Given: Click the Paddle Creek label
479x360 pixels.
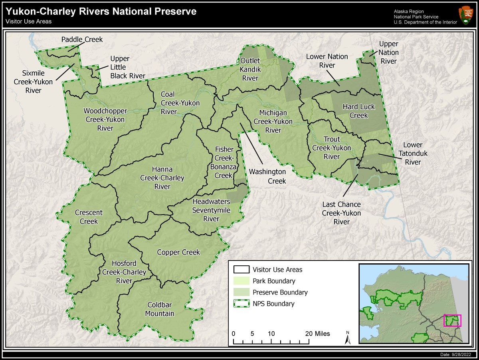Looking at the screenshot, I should pyautogui.click(x=82, y=40).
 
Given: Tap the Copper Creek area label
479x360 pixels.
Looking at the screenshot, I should pyautogui.click(x=178, y=253).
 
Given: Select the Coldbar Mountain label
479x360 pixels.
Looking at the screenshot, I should pyautogui.click(x=159, y=309).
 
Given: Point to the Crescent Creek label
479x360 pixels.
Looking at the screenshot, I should pyautogui.click(x=89, y=217).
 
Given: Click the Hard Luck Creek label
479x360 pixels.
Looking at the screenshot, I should pyautogui.click(x=358, y=111).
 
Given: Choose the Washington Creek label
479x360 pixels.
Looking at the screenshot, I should pyautogui.click(x=267, y=176).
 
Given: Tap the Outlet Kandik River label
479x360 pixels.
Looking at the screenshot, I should pyautogui.click(x=250, y=70).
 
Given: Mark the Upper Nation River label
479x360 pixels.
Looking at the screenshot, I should pyautogui.click(x=388, y=52).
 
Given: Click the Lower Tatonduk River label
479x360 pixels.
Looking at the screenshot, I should pyautogui.click(x=413, y=153).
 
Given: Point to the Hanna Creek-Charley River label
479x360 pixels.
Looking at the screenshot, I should pyautogui.click(x=162, y=177).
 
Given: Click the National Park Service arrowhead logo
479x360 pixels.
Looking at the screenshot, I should pyautogui.click(x=466, y=15).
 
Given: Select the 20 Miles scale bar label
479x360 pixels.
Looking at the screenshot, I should pyautogui.click(x=318, y=334).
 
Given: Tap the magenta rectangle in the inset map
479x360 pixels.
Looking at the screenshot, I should pyautogui.click(x=452, y=321).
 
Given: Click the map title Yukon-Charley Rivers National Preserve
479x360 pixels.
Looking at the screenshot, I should pyautogui.click(x=101, y=12).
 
